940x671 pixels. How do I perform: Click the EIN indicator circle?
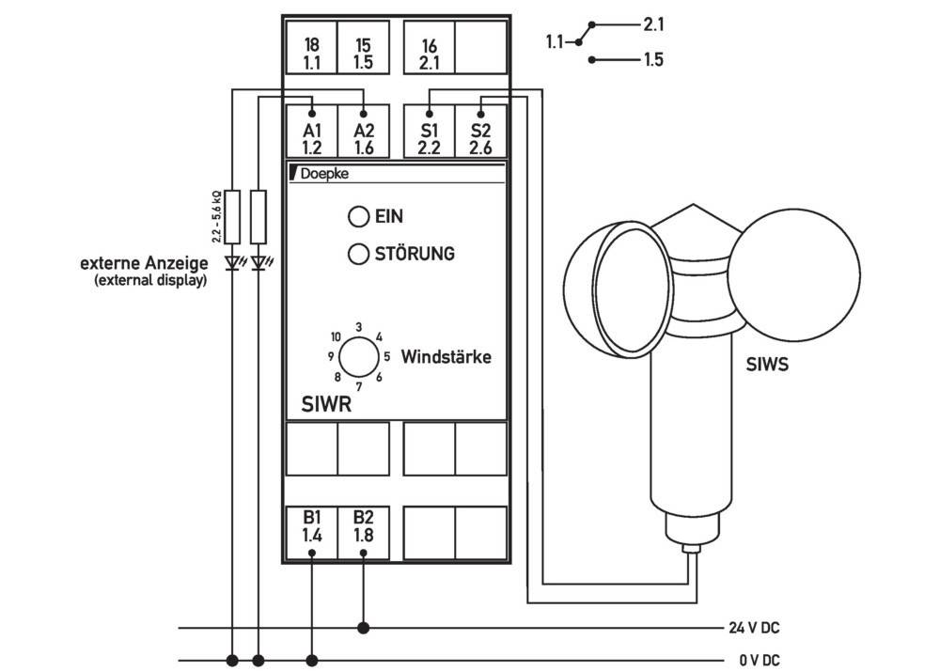click(357, 217)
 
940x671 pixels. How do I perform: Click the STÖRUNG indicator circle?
click(357, 254)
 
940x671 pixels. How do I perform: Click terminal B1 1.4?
click(312, 527)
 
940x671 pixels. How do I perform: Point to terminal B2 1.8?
click(363, 527)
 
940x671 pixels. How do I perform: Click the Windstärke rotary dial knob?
click(357, 357)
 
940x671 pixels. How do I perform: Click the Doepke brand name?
click(323, 174)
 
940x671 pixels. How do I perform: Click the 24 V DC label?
click(752, 627)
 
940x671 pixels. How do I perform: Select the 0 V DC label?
click(757, 660)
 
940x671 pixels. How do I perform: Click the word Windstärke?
click(446, 358)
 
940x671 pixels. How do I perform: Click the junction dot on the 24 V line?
click(363, 627)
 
